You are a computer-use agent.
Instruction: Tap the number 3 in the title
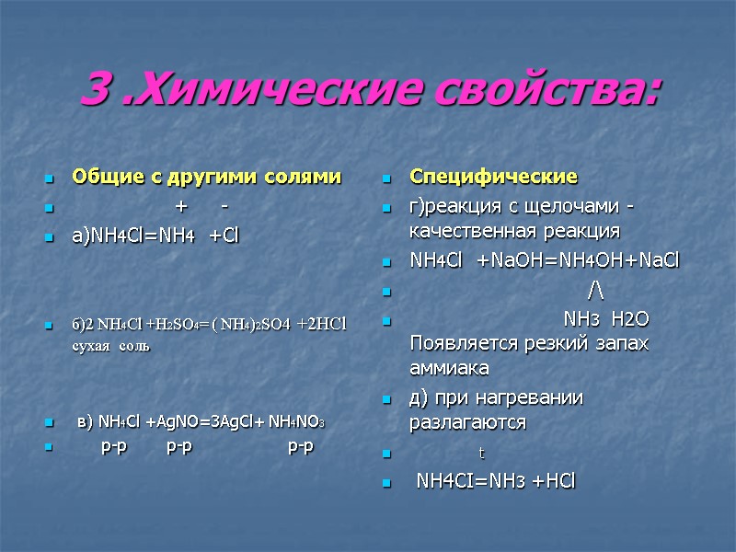(x=93, y=90)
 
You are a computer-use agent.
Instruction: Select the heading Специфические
(x=493, y=176)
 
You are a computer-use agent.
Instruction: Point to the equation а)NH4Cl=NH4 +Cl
(x=155, y=237)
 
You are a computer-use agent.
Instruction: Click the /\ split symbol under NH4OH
(x=595, y=292)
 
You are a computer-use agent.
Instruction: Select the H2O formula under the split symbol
(x=629, y=318)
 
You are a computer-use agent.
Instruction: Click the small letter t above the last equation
(x=481, y=454)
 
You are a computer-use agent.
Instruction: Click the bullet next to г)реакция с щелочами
(x=388, y=205)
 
